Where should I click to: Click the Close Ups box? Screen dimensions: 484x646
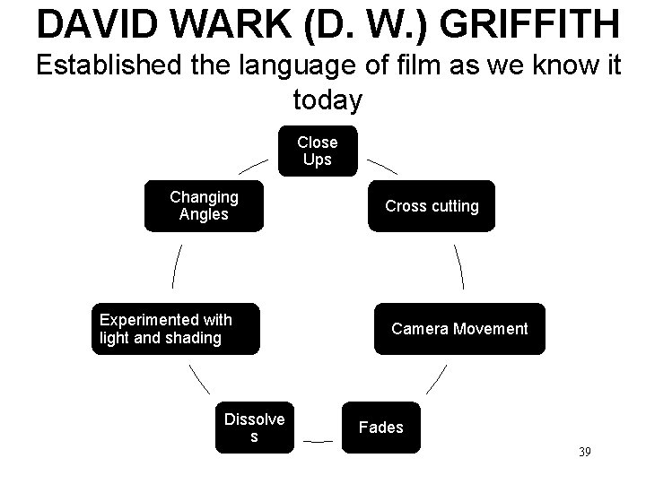tap(317, 151)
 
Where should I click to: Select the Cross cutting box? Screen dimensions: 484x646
tap(431, 206)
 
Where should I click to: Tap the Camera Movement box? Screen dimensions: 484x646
tap(458, 329)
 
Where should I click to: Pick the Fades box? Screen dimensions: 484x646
tap(381, 428)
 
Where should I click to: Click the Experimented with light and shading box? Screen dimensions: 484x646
tap(176, 329)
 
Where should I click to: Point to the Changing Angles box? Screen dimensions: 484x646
tap(203, 206)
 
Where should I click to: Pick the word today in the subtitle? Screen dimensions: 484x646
tap(327, 100)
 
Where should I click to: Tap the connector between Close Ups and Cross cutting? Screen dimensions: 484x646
tap(383, 168)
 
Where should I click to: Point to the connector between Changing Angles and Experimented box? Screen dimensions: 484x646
tap(176, 266)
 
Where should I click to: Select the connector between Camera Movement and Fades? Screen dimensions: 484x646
tap(435, 380)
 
